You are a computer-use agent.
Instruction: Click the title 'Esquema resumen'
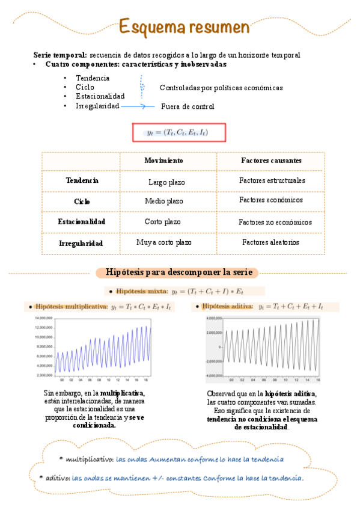pos(183,27)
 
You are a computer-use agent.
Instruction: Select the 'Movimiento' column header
pos(163,161)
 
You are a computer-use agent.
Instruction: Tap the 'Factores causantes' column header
pos(271,161)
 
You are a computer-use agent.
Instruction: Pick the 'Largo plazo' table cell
pos(166,182)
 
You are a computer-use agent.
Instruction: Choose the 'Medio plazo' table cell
pos(164,201)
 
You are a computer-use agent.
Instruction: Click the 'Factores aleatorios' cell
pos(270,242)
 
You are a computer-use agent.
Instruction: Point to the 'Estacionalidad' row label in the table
pos(82,222)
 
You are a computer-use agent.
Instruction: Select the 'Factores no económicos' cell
pos(275,223)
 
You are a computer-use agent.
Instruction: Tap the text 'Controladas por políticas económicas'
pos(221,88)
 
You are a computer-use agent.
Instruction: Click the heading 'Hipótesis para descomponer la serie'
pos(177,272)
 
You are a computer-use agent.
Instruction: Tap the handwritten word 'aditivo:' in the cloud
pos(57,478)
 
